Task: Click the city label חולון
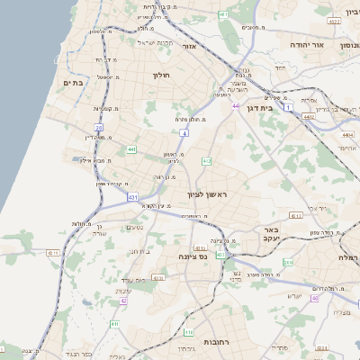(x=162, y=75)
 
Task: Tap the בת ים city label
(x=72, y=82)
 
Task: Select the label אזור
(x=189, y=45)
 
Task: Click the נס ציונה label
(x=192, y=257)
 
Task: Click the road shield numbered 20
(x=99, y=129)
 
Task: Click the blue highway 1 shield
(x=288, y=107)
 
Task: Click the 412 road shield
(x=206, y=160)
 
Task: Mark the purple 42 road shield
(x=123, y=301)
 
